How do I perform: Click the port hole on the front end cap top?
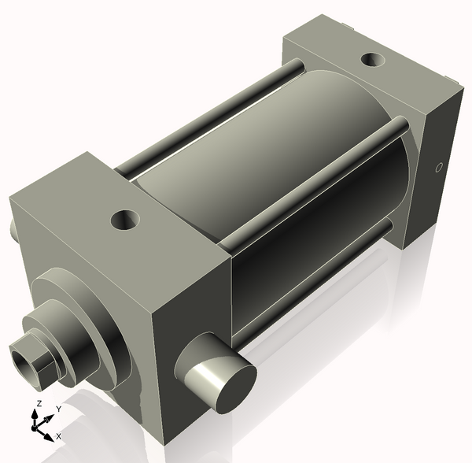click(x=124, y=219)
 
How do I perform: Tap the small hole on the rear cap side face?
click(x=439, y=167)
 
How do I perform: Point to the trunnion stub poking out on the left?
click(x=13, y=228)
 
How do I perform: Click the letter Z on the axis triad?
click(x=38, y=404)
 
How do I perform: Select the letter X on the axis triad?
click(x=59, y=435)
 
